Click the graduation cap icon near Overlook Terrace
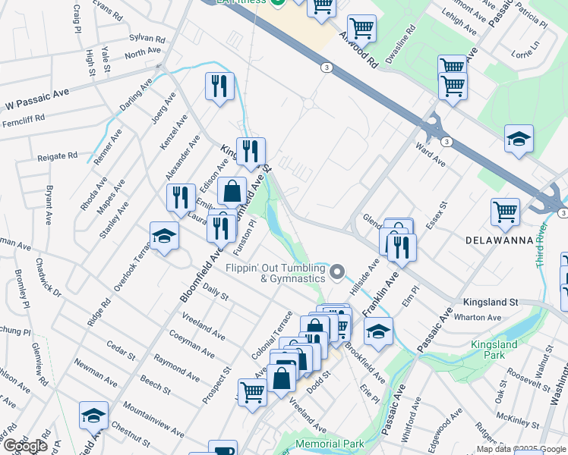[x=164, y=235]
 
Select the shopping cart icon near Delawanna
[x=505, y=212]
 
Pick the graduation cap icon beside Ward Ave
[x=519, y=139]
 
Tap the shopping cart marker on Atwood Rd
[x=361, y=29]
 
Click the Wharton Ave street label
[x=482, y=318]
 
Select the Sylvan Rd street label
[x=147, y=37]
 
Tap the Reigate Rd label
[x=58, y=156]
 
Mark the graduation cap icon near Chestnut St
[x=93, y=414]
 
